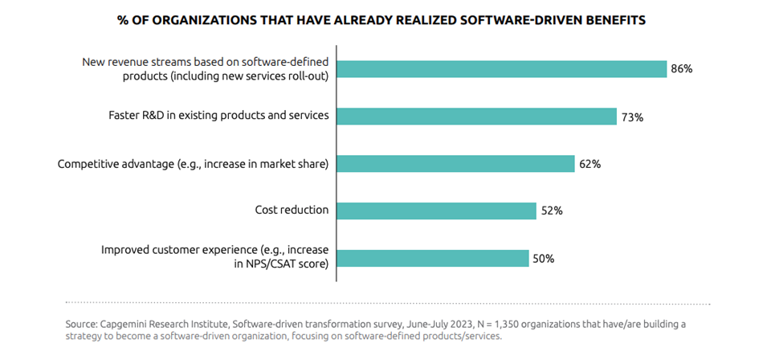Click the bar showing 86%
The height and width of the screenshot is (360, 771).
(502, 69)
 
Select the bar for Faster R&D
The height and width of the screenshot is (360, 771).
(476, 116)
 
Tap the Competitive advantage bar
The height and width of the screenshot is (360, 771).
(455, 163)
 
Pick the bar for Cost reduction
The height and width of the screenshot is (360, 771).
(436, 211)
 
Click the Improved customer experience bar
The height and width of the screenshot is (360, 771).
(432, 258)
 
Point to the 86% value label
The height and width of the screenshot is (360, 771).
(682, 69)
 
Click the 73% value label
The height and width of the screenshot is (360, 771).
(631, 117)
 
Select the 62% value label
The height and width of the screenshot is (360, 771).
(589, 164)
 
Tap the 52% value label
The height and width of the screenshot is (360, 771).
(552, 211)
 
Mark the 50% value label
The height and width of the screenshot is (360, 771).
(544, 258)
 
